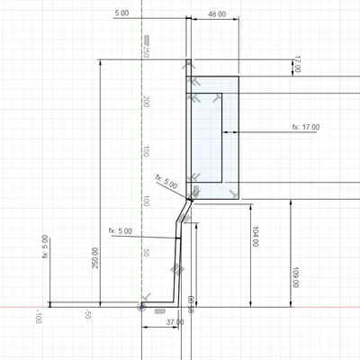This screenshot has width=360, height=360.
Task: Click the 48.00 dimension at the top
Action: (216, 14)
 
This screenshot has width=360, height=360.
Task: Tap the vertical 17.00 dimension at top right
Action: (297, 66)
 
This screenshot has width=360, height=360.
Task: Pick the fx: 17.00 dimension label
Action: (305, 128)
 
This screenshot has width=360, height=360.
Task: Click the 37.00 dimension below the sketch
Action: (175, 321)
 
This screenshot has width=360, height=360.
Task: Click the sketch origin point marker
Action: (143, 307)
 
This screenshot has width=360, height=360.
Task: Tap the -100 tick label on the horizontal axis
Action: (39, 317)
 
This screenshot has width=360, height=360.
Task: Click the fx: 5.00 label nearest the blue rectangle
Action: (167, 182)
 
